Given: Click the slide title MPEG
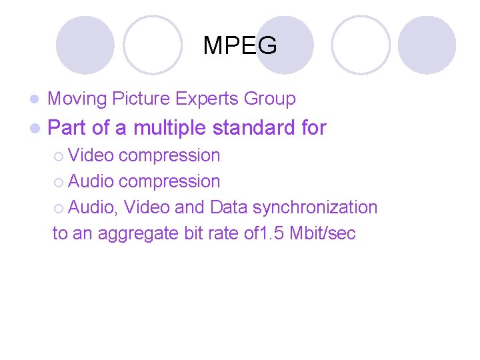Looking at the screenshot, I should pos(239,46).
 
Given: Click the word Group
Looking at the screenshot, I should pos(269,99).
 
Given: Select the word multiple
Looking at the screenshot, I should pos(172,128).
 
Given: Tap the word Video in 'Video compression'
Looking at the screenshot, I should pos(91,155).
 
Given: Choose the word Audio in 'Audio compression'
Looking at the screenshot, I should pos(91,181).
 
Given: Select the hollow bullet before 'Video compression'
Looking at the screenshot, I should pos(59,156).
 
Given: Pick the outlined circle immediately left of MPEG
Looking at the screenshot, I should pos(153,45).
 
